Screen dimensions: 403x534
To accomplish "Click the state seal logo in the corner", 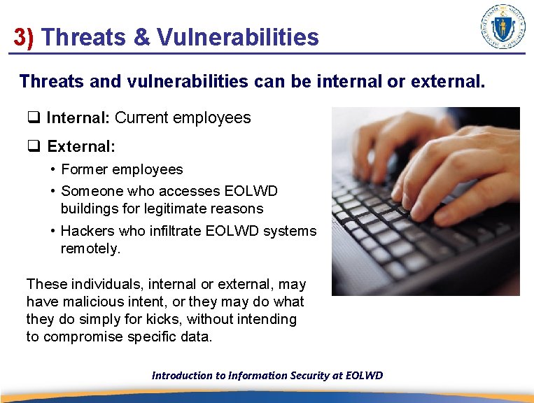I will click(x=503, y=26).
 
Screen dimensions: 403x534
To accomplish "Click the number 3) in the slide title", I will click(x=24, y=37).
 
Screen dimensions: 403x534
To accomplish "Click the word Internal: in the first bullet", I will click(x=78, y=118).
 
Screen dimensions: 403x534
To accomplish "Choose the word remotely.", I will click(x=91, y=248).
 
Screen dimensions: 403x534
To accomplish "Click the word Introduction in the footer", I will click(x=182, y=375).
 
